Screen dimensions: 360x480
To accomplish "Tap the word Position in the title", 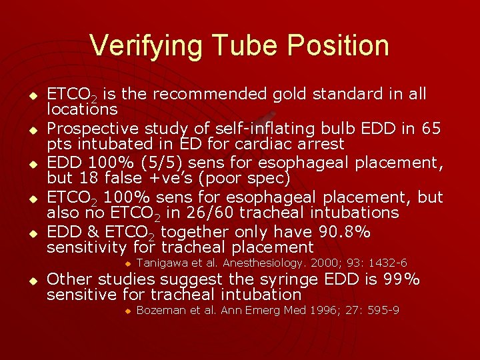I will tap(339, 45).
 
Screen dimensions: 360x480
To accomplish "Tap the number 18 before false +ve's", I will tap(83, 179).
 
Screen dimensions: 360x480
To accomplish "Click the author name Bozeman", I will tap(159, 310).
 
